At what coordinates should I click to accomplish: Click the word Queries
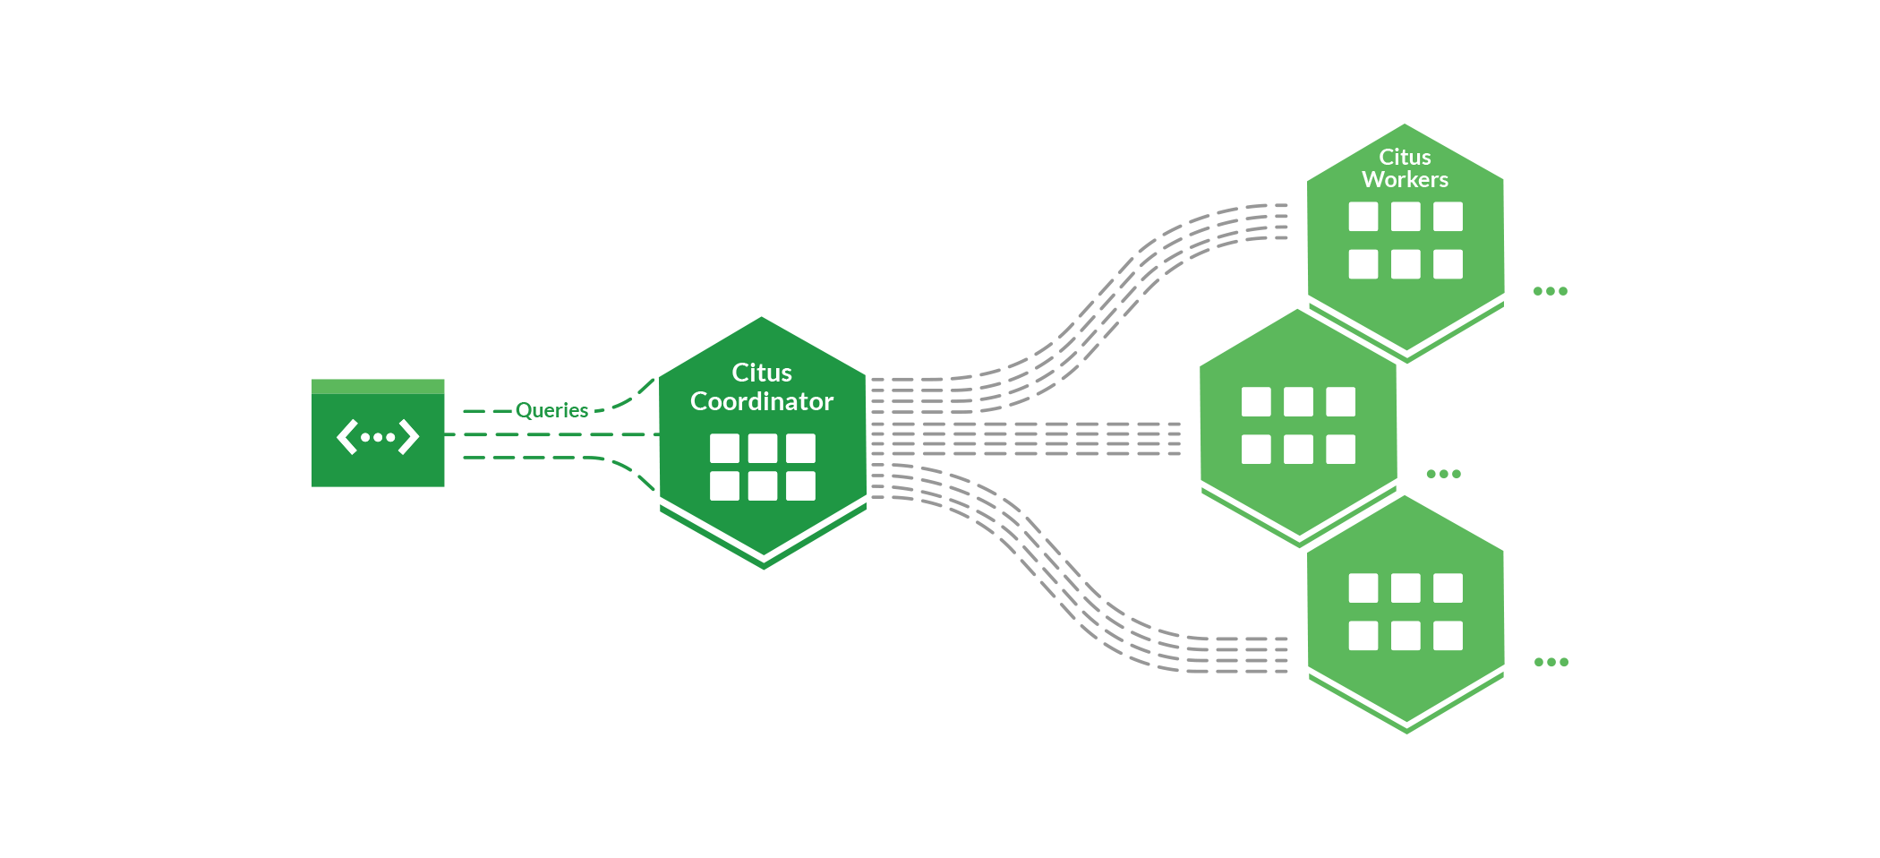551,410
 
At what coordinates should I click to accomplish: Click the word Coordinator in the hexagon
762,401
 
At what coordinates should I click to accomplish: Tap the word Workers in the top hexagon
1405,180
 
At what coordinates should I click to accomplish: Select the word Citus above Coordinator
762,373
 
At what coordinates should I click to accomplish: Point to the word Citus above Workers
1405,158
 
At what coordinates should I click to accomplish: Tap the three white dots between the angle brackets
378,438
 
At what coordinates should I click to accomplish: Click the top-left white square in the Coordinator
724,448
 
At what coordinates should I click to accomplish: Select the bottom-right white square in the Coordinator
800,486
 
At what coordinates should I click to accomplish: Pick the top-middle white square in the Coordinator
763,448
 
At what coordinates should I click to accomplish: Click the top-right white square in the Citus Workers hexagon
1448,217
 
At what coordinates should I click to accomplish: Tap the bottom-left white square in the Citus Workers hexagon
1363,264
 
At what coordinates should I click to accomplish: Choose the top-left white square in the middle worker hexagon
1256,402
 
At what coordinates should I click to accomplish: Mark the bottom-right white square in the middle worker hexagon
1340,450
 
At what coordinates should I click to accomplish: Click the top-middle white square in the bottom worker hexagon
1406,588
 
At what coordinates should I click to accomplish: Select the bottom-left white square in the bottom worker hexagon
1363,636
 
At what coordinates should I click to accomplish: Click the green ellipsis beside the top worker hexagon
1550,291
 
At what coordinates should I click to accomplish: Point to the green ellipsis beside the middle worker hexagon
1443,474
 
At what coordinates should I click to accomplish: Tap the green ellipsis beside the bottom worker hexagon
1551,663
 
